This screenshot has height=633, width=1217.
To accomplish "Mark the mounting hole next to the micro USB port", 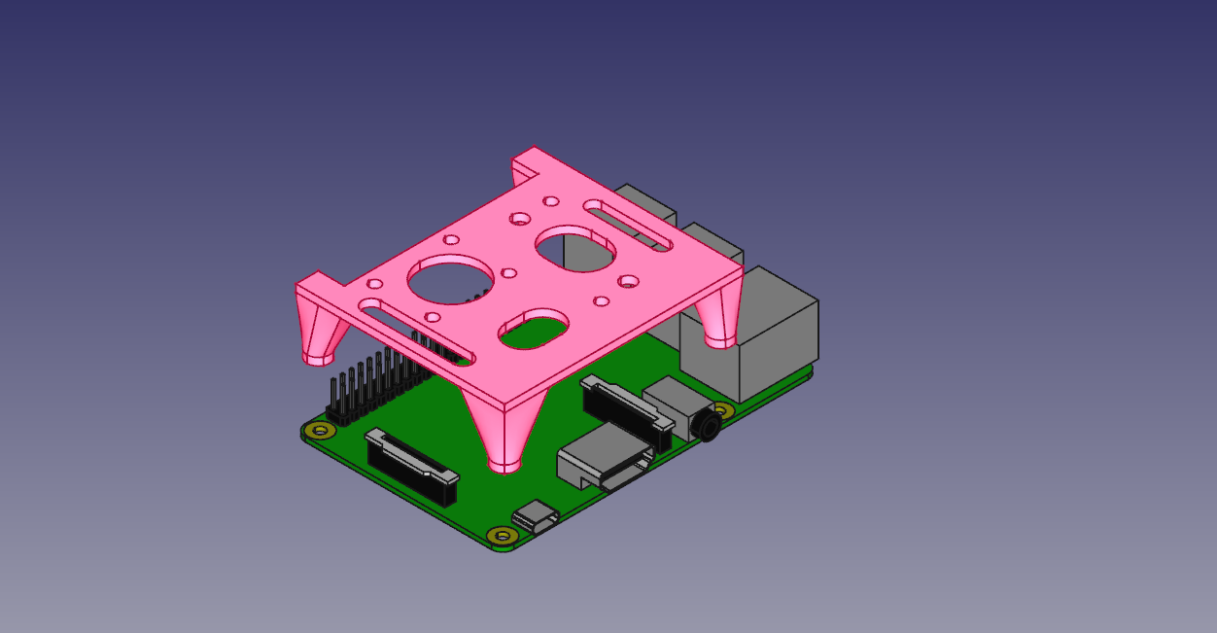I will point(501,535).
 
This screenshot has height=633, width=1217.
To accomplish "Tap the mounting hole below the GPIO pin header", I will point(317,429).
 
